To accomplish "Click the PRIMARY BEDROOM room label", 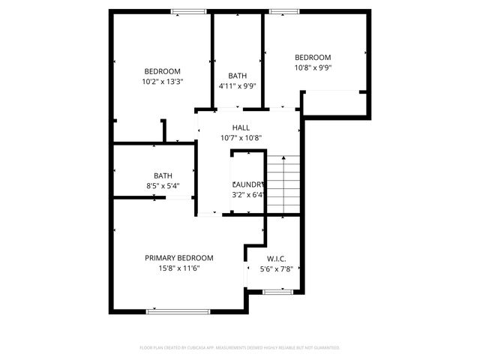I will (178, 257).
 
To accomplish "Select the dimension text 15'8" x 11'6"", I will (178, 268).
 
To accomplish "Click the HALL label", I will (241, 127).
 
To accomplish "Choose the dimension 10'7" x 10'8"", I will (241, 138).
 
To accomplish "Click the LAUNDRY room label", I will (248, 184).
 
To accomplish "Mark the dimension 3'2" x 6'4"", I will (248, 195).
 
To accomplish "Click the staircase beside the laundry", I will (284, 184).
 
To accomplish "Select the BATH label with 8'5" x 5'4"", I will (163, 175).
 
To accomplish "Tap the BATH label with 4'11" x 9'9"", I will (238, 76).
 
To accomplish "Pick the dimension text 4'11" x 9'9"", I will (238, 86).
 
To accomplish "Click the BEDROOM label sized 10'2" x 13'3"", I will (162, 71).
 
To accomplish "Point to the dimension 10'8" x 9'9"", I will (313, 67).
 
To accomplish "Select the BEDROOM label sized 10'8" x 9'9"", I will (313, 58).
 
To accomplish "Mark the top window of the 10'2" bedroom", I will (189, 11).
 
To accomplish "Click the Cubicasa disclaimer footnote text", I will (240, 348).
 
